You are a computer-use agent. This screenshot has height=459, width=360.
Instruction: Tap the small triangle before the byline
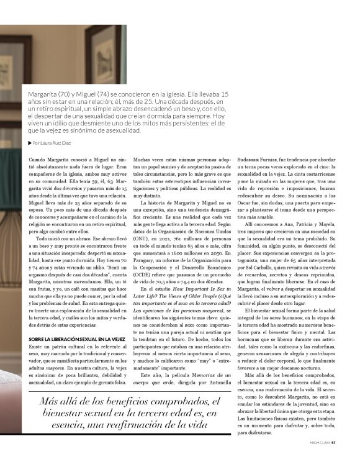pyautogui.click(x=30, y=143)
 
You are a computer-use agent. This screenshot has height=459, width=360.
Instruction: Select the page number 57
pyautogui.click(x=333, y=443)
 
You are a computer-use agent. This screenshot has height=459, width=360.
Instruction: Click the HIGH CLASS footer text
pyautogui.click(x=319, y=443)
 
